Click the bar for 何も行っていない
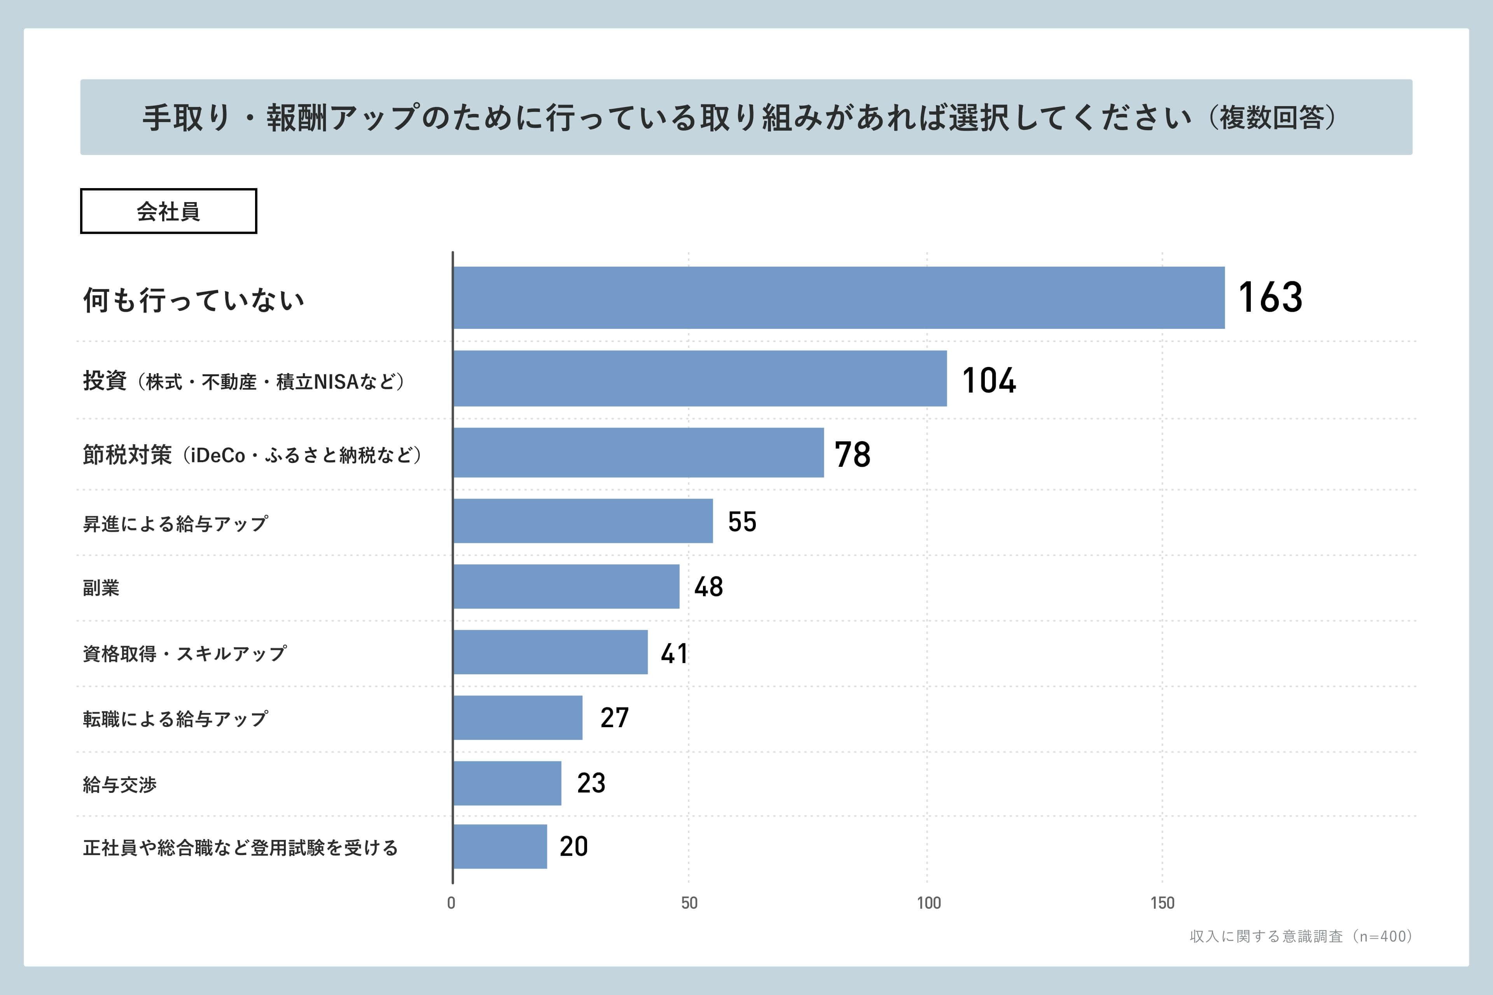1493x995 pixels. coord(839,298)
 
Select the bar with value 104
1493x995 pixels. coord(699,378)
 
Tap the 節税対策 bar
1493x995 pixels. coord(638,452)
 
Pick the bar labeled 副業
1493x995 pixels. coord(566,587)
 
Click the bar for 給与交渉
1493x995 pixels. coord(507,783)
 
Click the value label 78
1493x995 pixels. coord(852,454)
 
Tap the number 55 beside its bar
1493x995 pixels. coord(741,522)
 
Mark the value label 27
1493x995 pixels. coord(614,718)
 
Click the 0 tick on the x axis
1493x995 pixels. coord(451,903)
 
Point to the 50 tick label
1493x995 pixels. coord(689,903)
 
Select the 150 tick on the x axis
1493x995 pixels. coord(1162,903)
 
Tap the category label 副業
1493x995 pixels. coord(101,588)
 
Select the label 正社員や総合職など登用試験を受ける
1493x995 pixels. coord(240,848)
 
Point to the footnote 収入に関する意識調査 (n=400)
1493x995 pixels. coord(1300,936)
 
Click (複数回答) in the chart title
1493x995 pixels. coord(1273,117)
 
